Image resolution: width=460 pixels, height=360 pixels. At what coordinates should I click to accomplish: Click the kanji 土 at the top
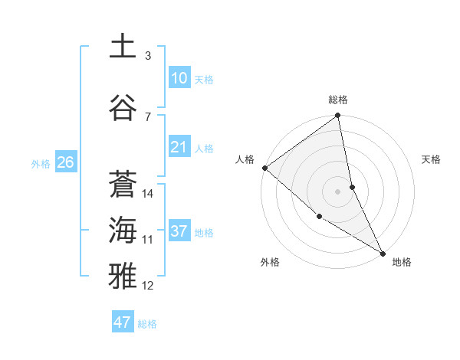coord(123,46)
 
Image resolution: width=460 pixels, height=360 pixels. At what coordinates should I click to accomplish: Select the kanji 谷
coord(123,108)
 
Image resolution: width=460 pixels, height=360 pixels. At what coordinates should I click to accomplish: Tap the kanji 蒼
coord(123,185)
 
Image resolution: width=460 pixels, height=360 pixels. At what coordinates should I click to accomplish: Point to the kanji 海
coord(123,231)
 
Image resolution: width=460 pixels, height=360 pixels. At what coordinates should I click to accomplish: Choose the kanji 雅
coord(123,277)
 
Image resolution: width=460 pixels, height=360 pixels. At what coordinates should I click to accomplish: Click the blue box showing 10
coord(179,78)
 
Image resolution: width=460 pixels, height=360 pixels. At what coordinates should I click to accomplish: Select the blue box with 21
coord(179,147)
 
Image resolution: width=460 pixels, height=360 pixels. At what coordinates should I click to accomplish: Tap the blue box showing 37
coord(179,231)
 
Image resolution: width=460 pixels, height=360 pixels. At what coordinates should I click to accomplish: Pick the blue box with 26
coord(65,162)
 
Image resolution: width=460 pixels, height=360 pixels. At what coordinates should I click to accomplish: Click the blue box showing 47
coord(122,322)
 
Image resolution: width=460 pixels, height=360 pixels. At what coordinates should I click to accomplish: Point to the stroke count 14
coord(148,194)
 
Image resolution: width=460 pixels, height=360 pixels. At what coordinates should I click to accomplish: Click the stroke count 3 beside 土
coord(148,55)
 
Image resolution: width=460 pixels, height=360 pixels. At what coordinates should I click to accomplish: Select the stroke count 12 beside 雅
coord(148,286)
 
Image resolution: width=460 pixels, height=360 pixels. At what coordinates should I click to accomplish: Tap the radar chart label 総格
coord(338,100)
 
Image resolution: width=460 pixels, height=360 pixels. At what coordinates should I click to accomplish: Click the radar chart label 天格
coord(432,159)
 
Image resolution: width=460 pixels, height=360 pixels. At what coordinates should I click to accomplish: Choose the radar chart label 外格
coord(269,262)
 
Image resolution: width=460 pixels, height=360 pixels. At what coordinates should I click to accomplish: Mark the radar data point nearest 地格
coord(382,253)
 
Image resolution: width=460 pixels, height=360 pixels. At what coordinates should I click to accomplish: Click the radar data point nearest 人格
coord(264,168)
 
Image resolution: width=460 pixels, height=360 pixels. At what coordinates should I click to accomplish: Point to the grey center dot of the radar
coord(338,191)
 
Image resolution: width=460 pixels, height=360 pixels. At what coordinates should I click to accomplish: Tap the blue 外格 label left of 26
coord(41,163)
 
